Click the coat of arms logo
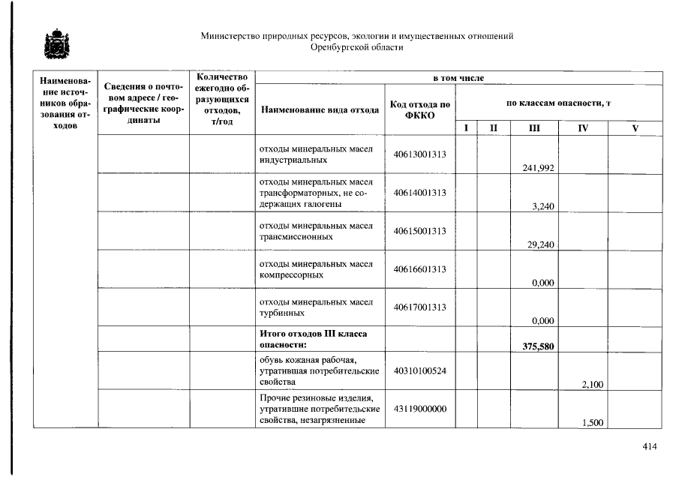pos(55,44)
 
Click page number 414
pos(650,447)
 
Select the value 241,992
pos(538,168)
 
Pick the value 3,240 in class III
pos(542,206)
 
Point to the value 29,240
pos(540,244)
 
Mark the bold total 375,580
pos(537,346)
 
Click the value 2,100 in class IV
pos(592,385)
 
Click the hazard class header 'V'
pos(635,128)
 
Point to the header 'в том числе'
pos(458,78)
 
